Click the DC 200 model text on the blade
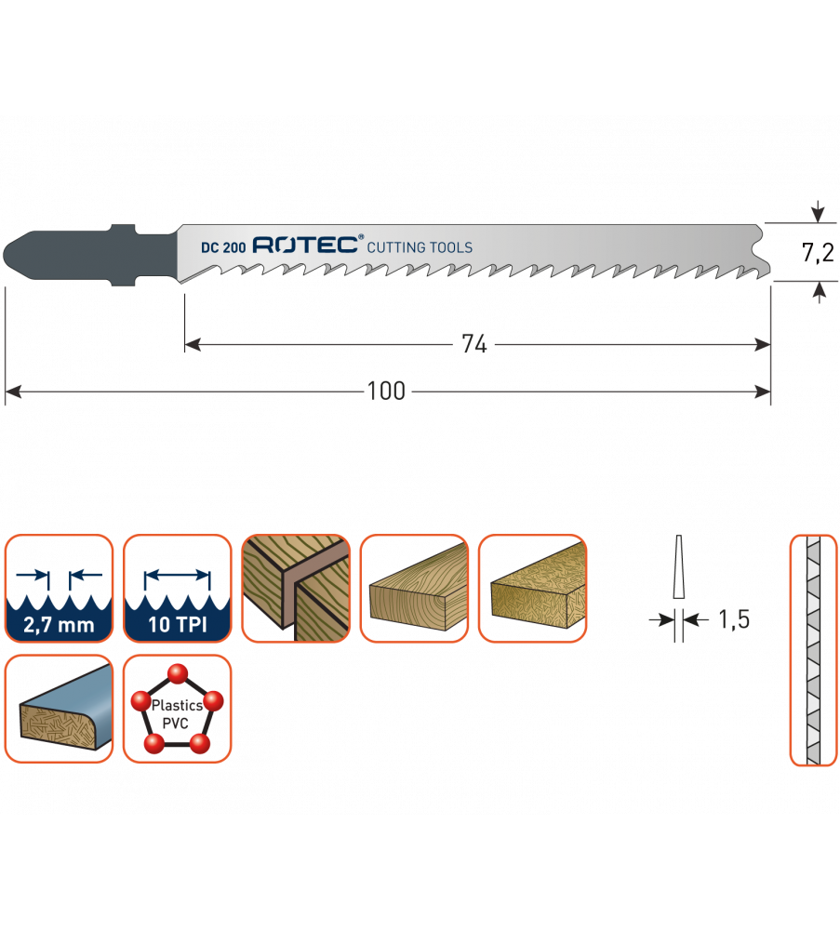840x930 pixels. [x=222, y=247]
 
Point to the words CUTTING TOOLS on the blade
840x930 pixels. [x=420, y=247]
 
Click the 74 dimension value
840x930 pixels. [x=474, y=344]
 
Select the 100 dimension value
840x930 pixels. [x=386, y=392]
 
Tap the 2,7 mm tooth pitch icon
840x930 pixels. [x=59, y=589]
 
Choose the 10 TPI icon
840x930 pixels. [x=177, y=589]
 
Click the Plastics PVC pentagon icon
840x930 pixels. [x=177, y=709]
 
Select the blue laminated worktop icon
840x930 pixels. [x=59, y=709]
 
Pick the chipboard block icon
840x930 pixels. [x=533, y=589]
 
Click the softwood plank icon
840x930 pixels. [x=414, y=589]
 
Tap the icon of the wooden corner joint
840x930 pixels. [x=296, y=589]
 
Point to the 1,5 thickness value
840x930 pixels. [x=733, y=619]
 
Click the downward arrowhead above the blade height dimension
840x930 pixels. [x=818, y=215]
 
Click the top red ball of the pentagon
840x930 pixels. [x=177, y=672]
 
